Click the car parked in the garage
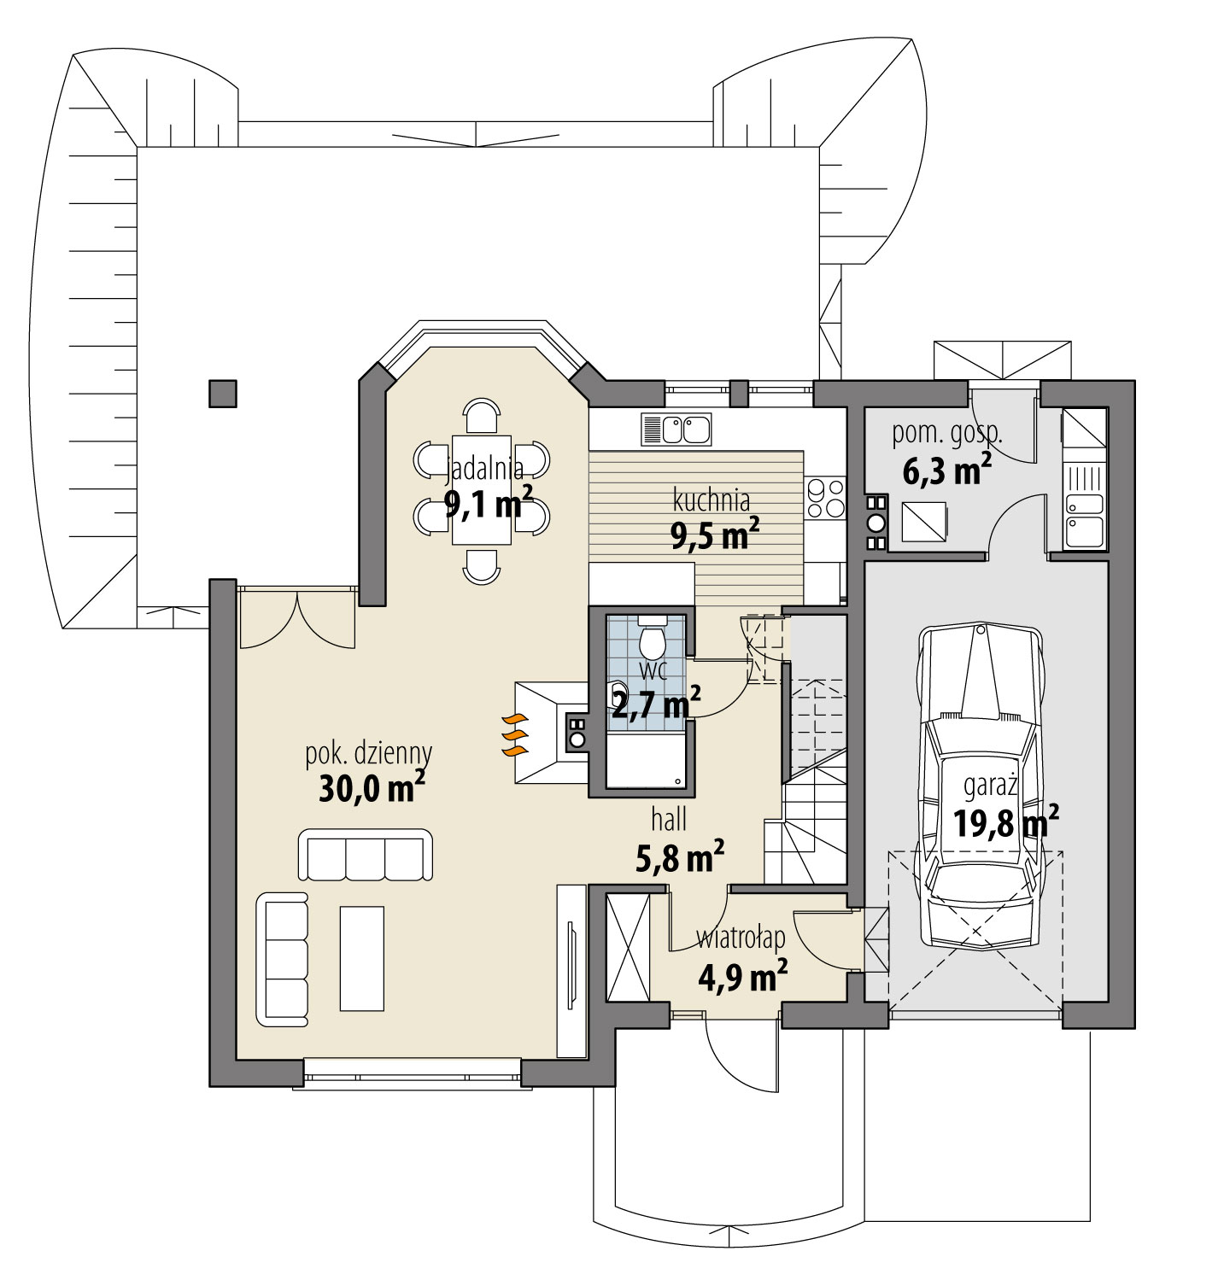pyautogui.click(x=981, y=786)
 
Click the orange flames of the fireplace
pyautogui.click(x=512, y=734)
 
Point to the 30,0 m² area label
pyautogui.click(x=372, y=788)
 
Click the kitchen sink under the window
pyautogui.click(x=676, y=430)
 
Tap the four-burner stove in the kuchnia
pyautogui.click(x=825, y=500)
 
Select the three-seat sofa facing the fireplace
pyautogui.click(x=365, y=854)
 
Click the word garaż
pyautogui.click(x=991, y=783)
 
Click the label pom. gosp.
pyautogui.click(x=946, y=433)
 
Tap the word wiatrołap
pyautogui.click(x=741, y=938)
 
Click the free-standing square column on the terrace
pyautogui.click(x=223, y=394)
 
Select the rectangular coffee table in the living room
pyautogui.click(x=362, y=958)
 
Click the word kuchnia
pyautogui.click(x=712, y=499)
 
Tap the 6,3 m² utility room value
pyautogui.click(x=946, y=471)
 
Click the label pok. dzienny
pyautogui.click(x=369, y=753)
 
